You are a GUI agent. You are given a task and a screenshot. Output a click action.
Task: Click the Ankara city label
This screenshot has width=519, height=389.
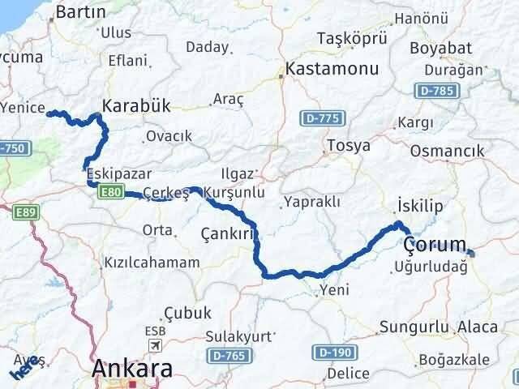[132, 370]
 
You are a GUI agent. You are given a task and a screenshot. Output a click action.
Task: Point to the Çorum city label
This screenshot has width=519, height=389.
[435, 244]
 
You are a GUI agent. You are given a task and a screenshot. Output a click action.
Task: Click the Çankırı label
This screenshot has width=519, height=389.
[229, 233]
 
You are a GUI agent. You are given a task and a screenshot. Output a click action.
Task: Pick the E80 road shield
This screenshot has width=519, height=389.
[110, 191]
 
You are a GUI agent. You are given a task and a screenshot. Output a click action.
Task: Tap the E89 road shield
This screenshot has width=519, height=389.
[24, 212]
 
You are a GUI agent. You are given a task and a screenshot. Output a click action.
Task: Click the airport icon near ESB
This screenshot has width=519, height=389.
[154, 346]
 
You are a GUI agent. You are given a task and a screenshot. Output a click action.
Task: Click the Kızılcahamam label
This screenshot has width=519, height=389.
[152, 263]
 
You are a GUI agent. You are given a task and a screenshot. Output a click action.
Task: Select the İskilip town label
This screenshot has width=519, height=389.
[421, 207]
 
